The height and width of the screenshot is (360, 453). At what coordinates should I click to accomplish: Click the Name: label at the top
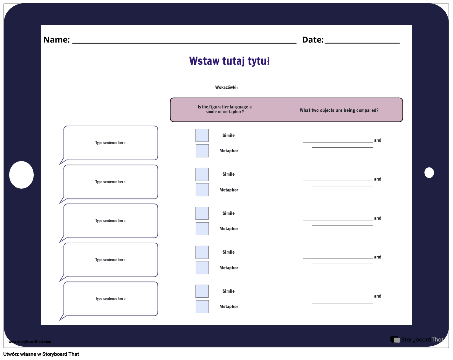[57, 40]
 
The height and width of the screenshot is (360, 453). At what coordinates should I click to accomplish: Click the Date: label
[313, 40]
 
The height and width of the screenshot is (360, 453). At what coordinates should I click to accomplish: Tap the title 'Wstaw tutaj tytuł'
[229, 61]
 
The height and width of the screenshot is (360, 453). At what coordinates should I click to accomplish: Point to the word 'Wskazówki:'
[226, 87]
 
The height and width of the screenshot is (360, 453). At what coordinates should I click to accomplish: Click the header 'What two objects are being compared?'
[339, 110]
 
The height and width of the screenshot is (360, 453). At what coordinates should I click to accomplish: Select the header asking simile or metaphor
[224, 109]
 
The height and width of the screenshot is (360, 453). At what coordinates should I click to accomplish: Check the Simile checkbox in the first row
[202, 135]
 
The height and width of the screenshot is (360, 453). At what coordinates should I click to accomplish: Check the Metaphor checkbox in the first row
[202, 151]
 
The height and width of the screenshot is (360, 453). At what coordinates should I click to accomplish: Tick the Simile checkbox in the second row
[202, 174]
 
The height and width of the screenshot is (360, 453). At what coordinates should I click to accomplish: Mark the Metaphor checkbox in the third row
[202, 229]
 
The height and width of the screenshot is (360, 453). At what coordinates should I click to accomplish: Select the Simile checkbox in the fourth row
[202, 252]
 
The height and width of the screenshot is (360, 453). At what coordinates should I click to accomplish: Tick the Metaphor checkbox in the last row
[202, 307]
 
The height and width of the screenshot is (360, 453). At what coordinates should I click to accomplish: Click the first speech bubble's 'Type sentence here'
[110, 143]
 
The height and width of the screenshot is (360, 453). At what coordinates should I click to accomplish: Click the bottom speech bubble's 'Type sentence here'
[110, 299]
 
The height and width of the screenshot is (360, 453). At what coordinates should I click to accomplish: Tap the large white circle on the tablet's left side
[21, 175]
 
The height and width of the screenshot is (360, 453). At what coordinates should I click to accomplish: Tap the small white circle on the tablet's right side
[429, 173]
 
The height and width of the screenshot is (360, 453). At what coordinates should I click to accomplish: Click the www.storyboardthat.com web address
[30, 342]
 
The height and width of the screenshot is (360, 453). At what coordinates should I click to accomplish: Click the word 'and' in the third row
[378, 218]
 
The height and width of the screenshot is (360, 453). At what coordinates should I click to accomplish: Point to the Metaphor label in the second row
[229, 190]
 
